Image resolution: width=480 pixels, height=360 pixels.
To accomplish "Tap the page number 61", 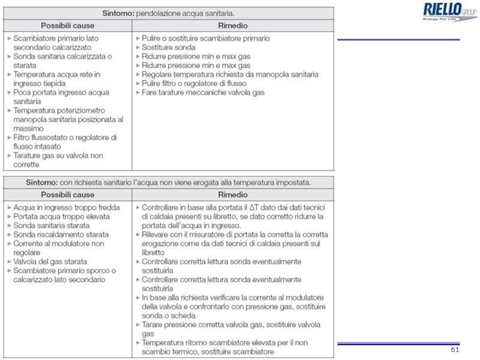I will click(454, 350).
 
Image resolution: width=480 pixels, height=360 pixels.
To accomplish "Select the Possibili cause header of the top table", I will click(67, 26).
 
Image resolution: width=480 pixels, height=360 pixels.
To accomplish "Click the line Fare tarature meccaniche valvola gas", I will click(203, 92).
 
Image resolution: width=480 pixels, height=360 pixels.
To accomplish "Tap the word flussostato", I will click(52, 137).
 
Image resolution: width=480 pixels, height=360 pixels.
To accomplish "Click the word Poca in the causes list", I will click(23, 92).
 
